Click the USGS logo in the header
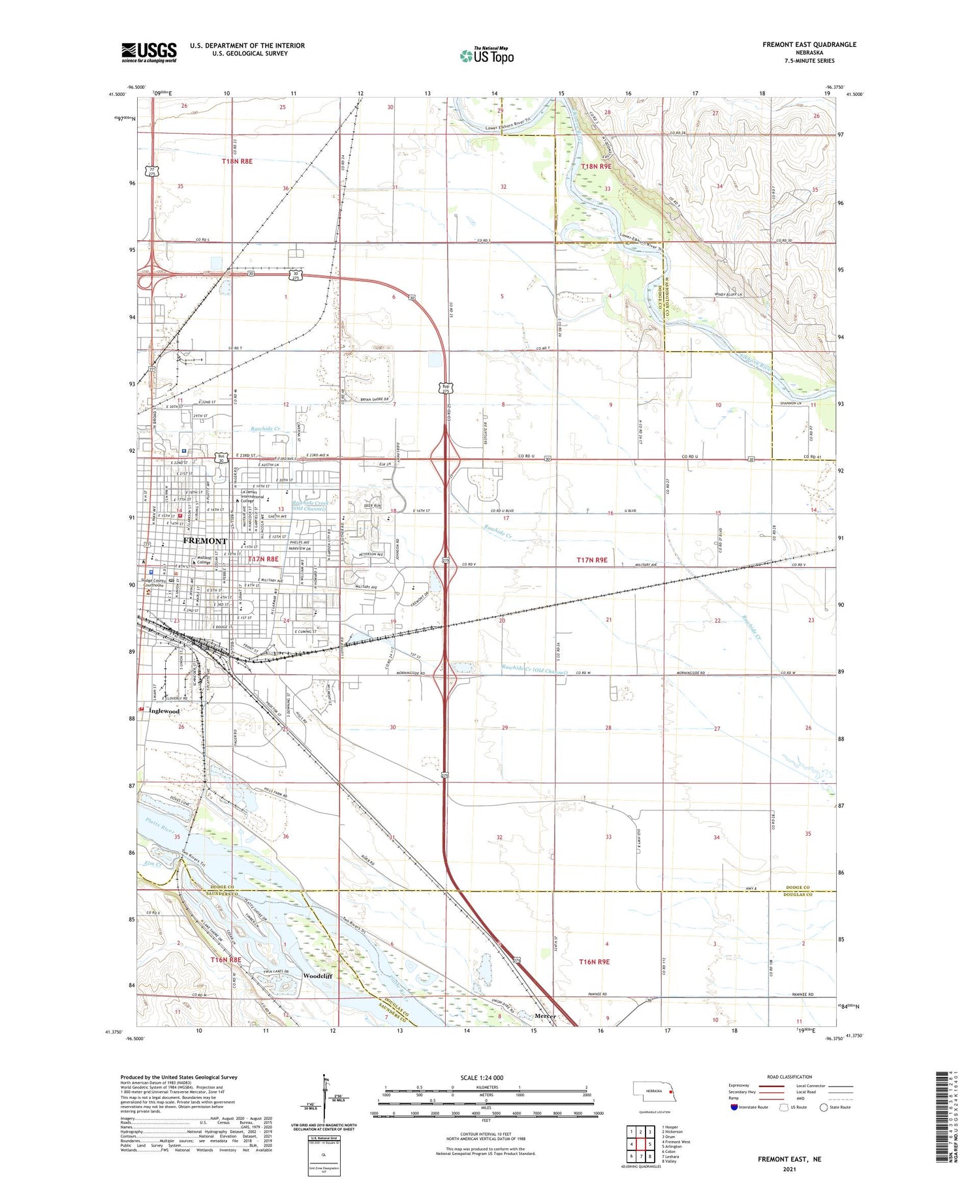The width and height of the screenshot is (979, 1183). [149, 52]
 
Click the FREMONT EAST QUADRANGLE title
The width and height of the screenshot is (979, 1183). [809, 44]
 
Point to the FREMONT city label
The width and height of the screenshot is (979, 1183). [205, 541]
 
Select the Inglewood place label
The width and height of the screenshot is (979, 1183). [163, 711]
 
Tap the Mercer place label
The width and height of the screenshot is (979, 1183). [546, 1016]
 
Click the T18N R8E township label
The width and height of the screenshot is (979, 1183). [236, 161]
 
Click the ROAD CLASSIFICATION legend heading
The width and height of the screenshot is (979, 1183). [790, 1077]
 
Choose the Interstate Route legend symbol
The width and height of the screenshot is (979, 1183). [734, 1107]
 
